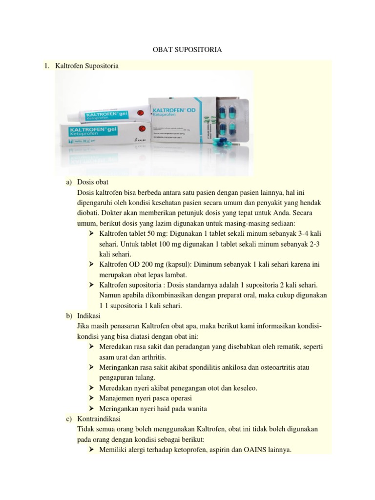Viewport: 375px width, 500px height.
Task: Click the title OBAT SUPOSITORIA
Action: [x=187, y=49]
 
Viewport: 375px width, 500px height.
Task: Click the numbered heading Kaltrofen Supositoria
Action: [x=87, y=65]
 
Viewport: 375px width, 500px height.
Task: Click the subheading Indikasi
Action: [x=90, y=316]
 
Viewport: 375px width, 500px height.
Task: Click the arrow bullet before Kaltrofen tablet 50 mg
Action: [x=91, y=232]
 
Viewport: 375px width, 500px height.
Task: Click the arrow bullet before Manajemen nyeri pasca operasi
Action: [x=91, y=398]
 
